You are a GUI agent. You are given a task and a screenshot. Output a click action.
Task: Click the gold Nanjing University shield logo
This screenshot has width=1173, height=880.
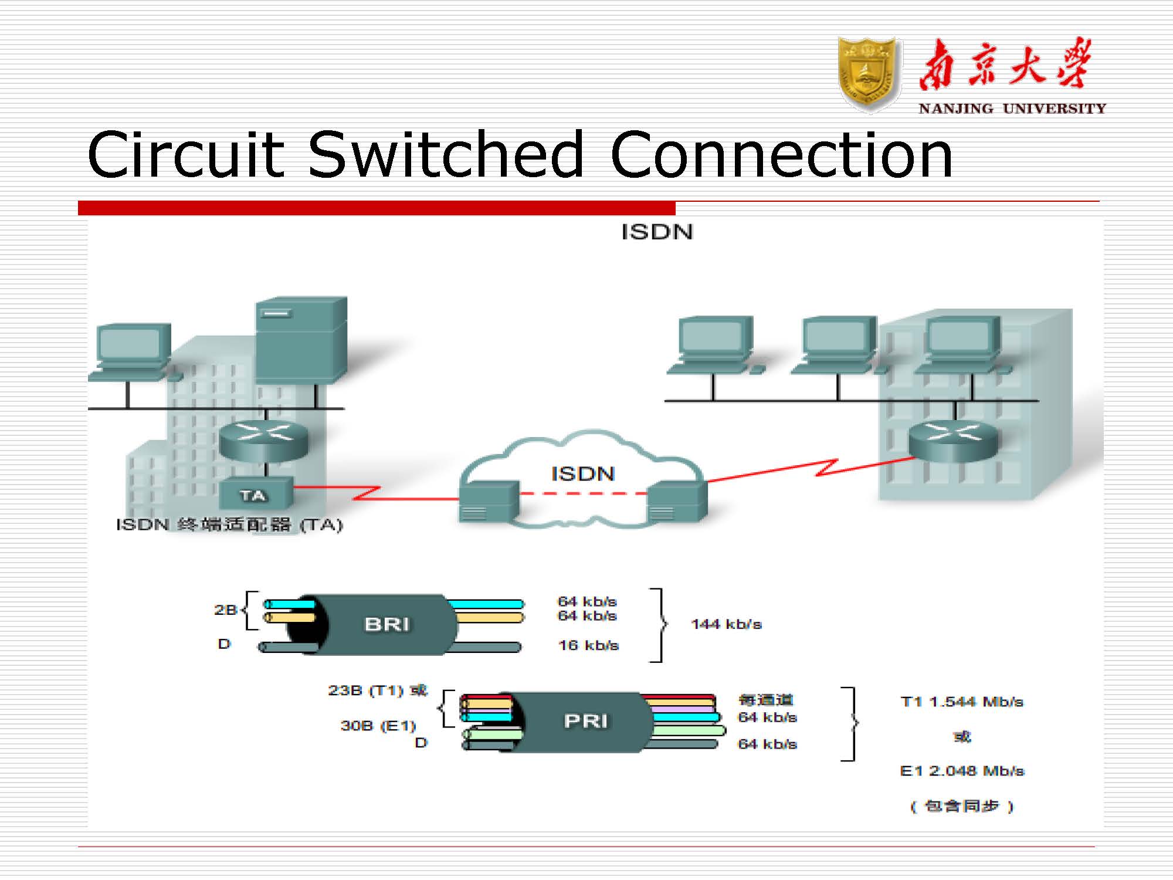pos(869,75)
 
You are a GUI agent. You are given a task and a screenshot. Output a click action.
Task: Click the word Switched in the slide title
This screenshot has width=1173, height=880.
pos(446,155)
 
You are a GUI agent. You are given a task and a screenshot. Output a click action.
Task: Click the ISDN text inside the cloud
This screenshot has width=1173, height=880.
pos(582,473)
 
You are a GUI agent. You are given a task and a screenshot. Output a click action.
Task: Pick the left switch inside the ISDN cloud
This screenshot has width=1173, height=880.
pos(489,502)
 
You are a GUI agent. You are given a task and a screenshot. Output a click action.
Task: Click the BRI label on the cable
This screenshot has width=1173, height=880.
pos(387,624)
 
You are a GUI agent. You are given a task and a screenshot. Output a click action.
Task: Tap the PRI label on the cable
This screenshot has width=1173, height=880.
pos(586,721)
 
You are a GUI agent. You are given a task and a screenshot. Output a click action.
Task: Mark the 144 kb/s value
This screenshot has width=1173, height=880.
pos(726,624)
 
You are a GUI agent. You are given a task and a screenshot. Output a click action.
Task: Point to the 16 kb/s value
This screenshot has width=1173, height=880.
pos(588,645)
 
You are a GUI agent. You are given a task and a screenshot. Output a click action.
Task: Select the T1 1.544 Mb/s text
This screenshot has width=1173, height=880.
pos(962,702)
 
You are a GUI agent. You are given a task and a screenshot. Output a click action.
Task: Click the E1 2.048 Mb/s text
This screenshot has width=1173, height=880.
pos(962,771)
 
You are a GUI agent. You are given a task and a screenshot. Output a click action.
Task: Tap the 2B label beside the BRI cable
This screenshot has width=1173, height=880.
pos(225,610)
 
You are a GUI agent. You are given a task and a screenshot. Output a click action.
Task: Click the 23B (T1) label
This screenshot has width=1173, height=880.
pos(377,691)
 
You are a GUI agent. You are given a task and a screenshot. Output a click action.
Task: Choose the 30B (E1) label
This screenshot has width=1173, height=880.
pos(378,726)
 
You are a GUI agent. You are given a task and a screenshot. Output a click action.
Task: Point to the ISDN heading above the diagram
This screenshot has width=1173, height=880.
pos(657,232)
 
